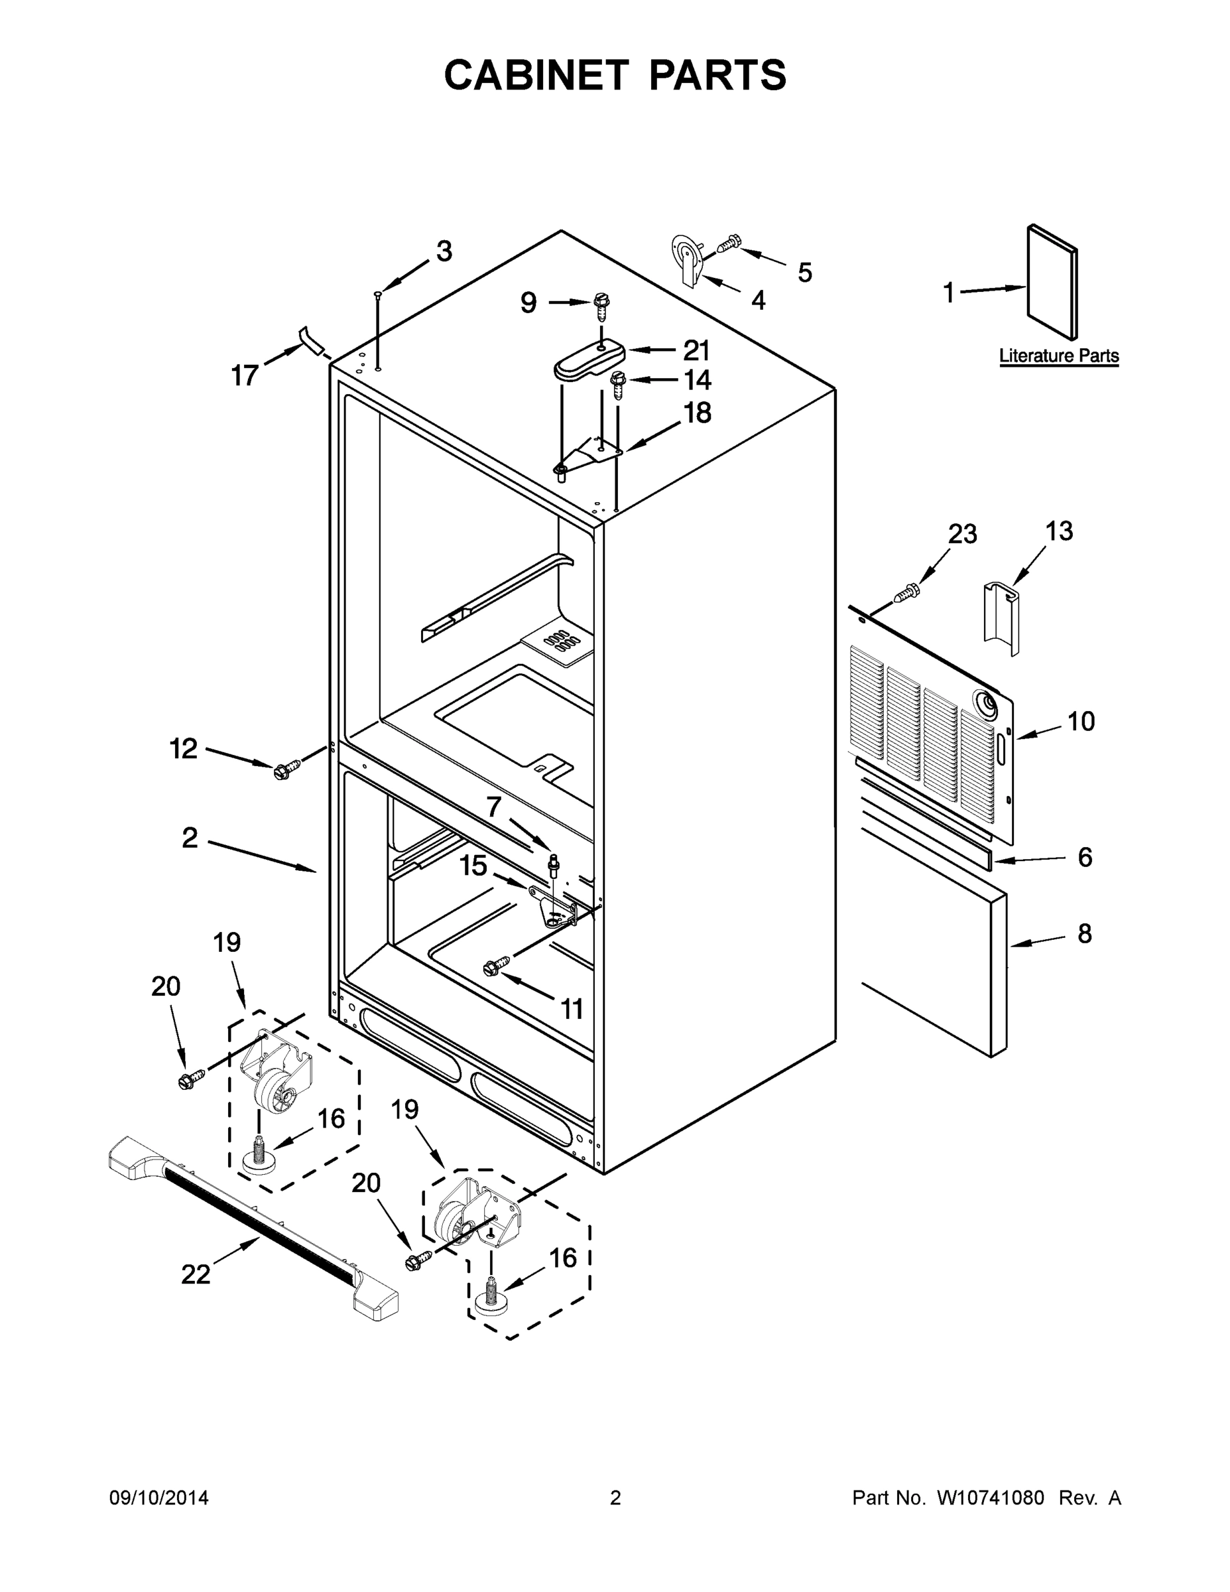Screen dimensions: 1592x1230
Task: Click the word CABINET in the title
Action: tap(536, 75)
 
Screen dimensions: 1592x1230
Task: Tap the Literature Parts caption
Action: tap(1058, 356)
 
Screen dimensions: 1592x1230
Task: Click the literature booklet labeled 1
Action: tap(1051, 281)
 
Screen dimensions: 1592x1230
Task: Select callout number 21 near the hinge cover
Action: tap(696, 351)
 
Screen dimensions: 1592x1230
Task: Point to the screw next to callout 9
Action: tap(602, 307)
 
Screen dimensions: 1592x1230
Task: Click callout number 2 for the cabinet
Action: tap(190, 838)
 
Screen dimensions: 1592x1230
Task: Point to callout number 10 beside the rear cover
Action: tap(1081, 722)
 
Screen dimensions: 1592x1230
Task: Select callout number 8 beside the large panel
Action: tap(1084, 934)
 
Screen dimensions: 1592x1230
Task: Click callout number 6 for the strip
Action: tap(1084, 857)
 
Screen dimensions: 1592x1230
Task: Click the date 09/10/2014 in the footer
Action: tap(159, 1498)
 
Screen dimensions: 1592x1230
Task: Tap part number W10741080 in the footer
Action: tap(990, 1498)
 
